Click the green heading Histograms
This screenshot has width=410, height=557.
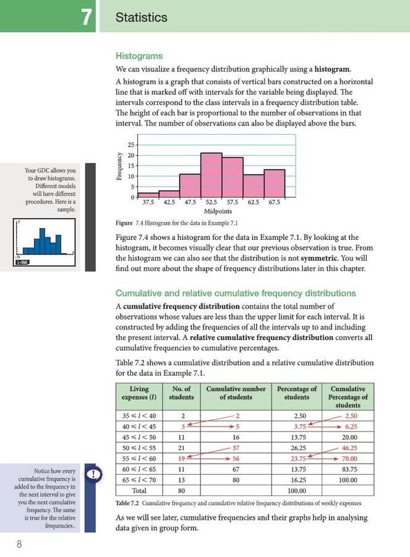coord(139,56)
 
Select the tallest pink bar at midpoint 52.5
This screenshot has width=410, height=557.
coord(211,175)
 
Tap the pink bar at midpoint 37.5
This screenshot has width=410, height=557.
coord(148,195)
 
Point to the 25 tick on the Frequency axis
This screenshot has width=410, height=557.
coord(131,145)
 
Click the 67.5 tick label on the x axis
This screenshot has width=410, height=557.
coord(274,202)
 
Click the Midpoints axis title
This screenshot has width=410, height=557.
coord(218,211)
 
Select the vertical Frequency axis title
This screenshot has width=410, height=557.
coord(119,166)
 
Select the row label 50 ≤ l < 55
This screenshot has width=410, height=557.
coord(139,447)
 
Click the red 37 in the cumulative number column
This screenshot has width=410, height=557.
coord(236,447)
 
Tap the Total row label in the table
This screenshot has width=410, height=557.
coord(139,490)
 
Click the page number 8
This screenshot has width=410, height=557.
coord(20,544)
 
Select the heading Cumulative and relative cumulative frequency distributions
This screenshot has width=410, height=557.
coord(236,293)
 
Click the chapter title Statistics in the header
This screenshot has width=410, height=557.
coord(142,18)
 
